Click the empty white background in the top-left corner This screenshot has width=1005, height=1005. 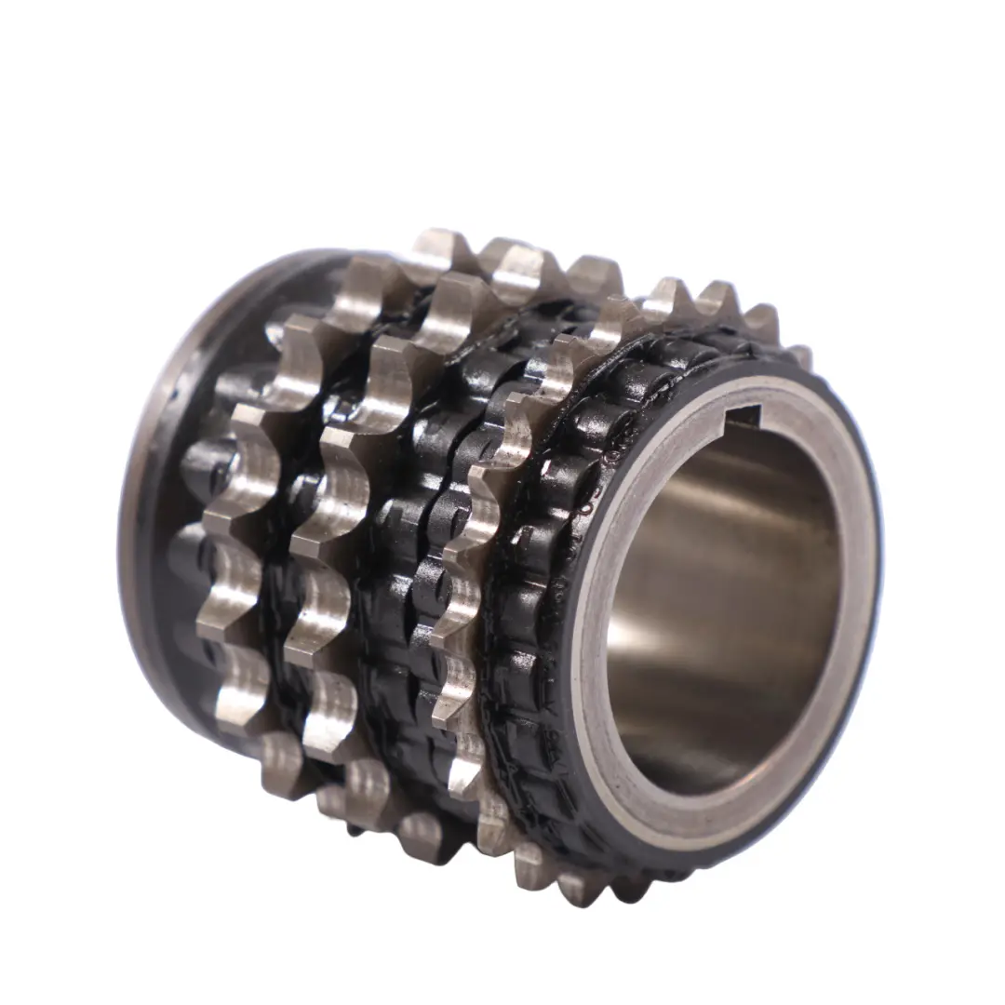(x=56, y=56)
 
